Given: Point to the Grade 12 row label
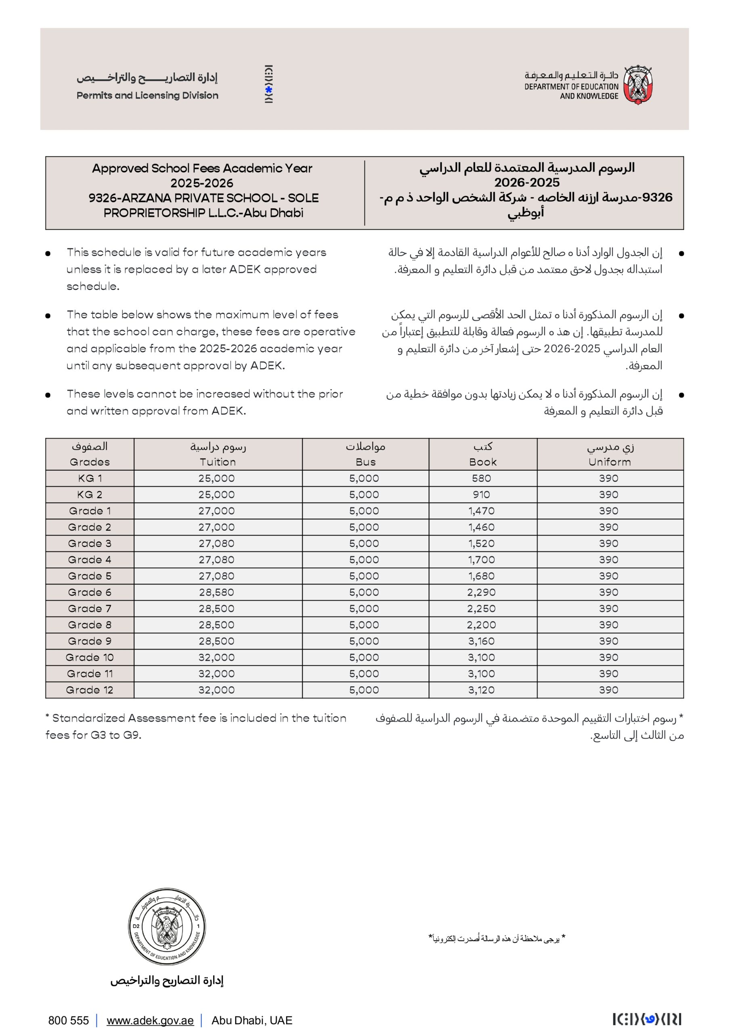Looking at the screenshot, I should (90, 690).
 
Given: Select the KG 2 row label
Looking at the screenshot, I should (90, 494).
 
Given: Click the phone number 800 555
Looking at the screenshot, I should (69, 1021).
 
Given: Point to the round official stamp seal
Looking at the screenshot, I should (167, 927).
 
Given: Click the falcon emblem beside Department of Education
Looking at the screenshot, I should (638, 84).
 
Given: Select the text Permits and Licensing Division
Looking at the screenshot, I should (147, 95).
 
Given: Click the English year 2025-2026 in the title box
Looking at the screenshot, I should (202, 183).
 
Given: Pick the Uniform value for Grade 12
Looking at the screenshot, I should (609, 690).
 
